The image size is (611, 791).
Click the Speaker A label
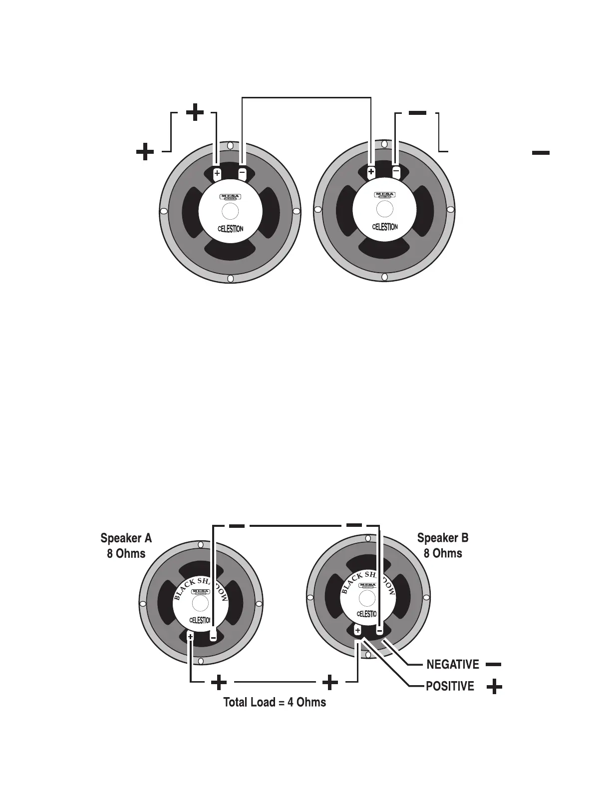coord(126,538)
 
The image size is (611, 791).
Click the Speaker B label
coord(443,538)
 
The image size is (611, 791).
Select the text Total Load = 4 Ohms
coord(275,702)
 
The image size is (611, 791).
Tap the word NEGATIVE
coord(452,665)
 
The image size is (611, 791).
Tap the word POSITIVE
coord(450,687)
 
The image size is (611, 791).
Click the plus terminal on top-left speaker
coord(217,174)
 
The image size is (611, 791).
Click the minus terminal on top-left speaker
coord(242,173)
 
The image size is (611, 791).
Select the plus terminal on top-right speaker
coord(371,172)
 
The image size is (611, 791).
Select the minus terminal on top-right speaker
coord(396,171)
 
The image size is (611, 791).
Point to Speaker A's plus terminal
coord(190,636)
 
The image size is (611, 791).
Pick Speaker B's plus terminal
coord(357,631)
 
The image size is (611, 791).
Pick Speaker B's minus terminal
coord(379,631)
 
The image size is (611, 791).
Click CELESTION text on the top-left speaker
coord(231,229)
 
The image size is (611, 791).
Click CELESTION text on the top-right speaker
coord(385,227)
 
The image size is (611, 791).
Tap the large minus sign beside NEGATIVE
coord(493,665)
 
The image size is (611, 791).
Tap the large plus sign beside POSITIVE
coord(494,687)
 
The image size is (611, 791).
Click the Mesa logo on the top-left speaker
coord(230,196)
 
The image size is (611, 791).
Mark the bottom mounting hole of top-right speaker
coord(384,277)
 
